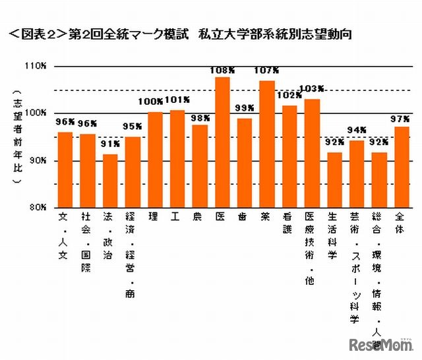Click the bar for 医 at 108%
tap(223, 142)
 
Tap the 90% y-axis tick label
tap(37, 160)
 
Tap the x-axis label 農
tap(197, 216)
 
